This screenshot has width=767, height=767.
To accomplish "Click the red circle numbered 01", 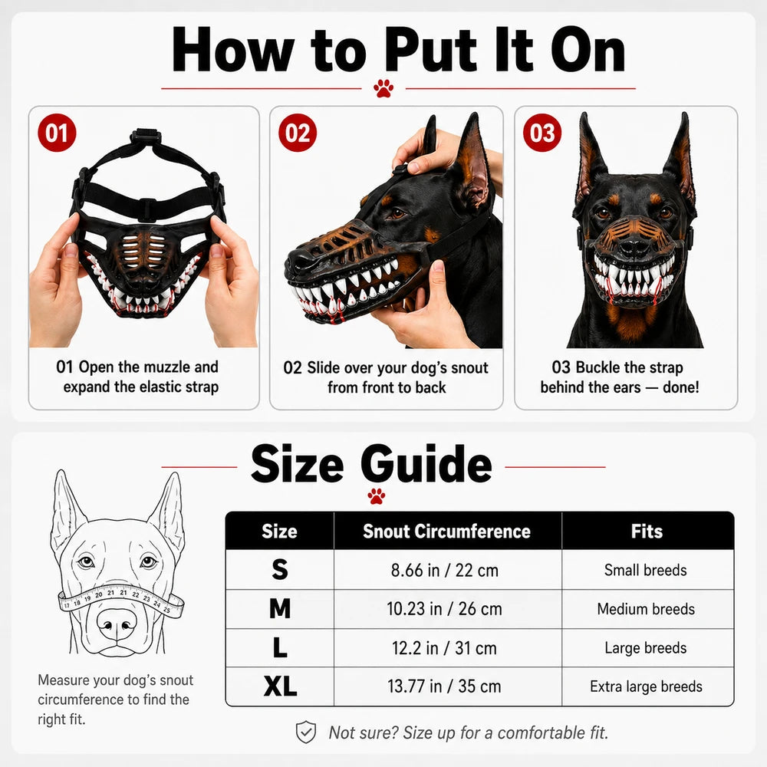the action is click(57, 133).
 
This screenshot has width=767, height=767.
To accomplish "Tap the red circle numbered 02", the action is click(298, 133).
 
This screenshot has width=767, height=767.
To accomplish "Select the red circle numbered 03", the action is click(542, 133).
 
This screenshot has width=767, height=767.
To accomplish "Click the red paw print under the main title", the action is click(383, 88).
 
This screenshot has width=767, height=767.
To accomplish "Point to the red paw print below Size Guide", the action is click(376, 495).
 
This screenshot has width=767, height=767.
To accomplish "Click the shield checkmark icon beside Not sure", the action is click(306, 732).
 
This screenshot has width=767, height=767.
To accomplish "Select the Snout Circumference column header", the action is click(446, 532).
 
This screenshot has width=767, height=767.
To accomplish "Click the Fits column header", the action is click(647, 532).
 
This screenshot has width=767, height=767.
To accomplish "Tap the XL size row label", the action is click(280, 686).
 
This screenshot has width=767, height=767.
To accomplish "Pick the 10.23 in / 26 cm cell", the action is click(444, 609).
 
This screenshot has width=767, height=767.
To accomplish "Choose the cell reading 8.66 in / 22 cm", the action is click(445, 570).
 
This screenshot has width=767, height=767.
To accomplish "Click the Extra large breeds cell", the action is click(646, 686).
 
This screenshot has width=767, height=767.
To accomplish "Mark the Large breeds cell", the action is click(646, 647).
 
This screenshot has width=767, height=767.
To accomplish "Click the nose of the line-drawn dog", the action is click(117, 624).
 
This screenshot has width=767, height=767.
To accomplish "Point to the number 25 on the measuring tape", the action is click(166, 610).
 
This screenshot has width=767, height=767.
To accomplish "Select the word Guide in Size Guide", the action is click(426, 463).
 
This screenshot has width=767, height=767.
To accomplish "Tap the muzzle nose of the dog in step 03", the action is click(634, 248).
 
